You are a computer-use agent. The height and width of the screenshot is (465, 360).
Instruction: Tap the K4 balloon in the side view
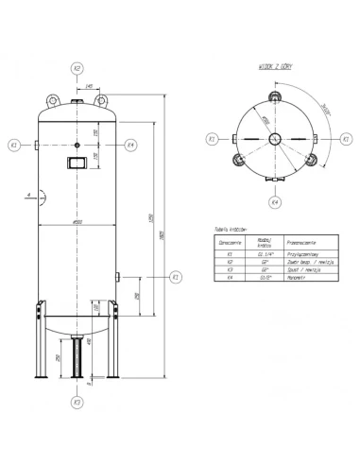130,146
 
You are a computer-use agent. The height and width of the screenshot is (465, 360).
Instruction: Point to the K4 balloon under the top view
273,202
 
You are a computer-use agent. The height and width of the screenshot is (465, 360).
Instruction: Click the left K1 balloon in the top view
212,138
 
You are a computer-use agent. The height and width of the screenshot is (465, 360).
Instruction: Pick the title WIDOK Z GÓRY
270,67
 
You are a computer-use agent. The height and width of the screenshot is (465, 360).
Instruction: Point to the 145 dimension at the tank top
88,86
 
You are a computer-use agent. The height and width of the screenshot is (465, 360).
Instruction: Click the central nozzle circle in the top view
273,139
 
